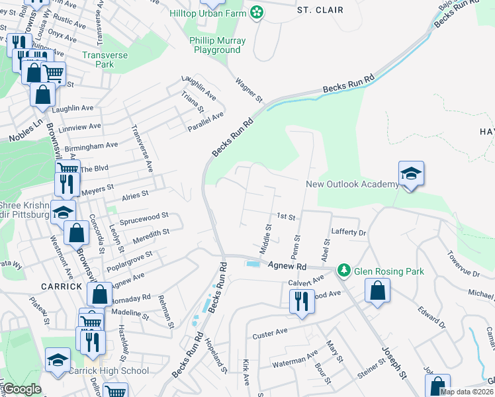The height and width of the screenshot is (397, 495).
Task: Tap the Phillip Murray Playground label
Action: [x=218, y=45]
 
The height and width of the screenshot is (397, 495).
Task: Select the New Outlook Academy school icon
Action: [x=411, y=174]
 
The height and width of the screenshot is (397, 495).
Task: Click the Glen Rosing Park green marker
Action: [x=343, y=270]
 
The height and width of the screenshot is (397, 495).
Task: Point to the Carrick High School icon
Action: [x=58, y=360]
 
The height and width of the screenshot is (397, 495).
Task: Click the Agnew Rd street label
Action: [x=288, y=265]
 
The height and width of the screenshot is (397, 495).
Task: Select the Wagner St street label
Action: [x=250, y=90]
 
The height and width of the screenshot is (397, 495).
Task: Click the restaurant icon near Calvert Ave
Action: [x=301, y=300]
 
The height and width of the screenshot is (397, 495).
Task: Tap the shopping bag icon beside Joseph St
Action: [x=377, y=290]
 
